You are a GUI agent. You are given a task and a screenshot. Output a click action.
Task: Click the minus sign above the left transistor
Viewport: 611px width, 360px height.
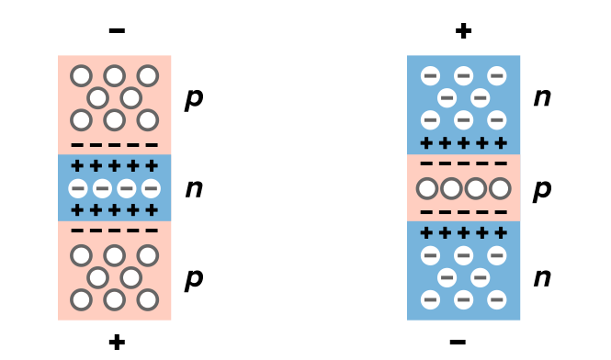click(117, 31)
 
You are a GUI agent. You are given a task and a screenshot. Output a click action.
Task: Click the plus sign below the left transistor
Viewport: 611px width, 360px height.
click(117, 343)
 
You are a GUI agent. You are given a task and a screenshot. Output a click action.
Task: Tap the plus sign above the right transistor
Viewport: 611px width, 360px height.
click(463, 31)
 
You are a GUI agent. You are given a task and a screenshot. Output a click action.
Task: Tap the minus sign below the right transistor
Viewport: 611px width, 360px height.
click(458, 343)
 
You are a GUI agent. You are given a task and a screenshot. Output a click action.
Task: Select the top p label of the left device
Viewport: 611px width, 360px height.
click(193, 97)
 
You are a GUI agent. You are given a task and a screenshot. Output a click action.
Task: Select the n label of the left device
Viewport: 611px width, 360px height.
click(193, 188)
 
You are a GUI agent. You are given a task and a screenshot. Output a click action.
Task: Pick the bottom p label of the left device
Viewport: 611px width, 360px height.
click(193, 278)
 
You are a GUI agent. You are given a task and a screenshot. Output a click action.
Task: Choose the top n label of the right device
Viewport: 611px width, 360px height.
click(542, 96)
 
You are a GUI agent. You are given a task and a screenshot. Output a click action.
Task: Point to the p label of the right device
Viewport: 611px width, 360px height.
click(542, 188)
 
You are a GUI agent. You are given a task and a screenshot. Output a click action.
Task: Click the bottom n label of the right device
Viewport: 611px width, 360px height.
click(542, 277)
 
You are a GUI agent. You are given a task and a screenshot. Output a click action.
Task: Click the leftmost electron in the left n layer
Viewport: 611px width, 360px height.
click(78, 188)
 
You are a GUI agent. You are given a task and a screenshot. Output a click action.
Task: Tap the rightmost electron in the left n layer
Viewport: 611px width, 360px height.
click(151, 188)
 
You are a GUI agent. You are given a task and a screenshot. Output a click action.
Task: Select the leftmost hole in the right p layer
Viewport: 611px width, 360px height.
click(426, 189)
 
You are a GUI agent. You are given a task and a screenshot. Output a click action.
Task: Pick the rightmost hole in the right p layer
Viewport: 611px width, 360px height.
click(500, 189)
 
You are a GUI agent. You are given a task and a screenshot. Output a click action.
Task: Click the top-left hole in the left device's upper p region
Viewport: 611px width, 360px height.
click(81, 75)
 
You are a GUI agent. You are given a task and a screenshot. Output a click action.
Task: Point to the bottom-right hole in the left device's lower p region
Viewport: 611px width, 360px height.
click(148, 299)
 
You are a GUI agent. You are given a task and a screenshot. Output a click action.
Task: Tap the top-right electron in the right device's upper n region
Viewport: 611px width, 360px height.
click(497, 75)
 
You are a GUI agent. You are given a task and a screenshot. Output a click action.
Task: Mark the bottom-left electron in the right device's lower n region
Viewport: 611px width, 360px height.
click(430, 299)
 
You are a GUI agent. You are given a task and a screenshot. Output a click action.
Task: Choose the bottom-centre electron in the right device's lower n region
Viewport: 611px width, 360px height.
click(463, 299)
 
